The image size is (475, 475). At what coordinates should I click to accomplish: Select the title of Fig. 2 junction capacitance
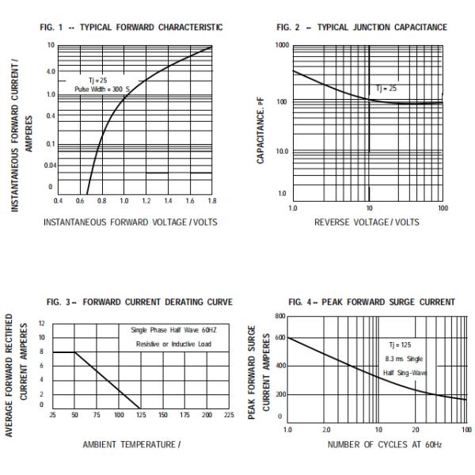pos(361,28)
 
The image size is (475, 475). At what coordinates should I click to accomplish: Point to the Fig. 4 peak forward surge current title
pos(372,302)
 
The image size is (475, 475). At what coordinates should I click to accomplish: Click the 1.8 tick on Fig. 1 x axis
pos(211,201)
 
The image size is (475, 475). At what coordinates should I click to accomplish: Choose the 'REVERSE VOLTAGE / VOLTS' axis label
pos(367,222)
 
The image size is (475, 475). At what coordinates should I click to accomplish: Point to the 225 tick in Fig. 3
pos(230,414)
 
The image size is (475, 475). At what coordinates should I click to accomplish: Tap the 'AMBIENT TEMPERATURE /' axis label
pos(132,444)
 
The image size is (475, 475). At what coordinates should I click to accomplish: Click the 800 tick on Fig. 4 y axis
pos(279,316)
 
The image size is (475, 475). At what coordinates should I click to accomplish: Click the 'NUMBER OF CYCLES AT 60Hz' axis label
pos(375,444)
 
